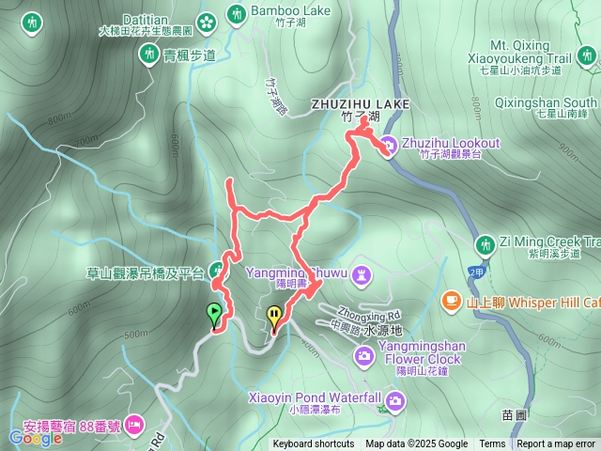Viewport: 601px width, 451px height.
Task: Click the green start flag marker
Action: [214, 313]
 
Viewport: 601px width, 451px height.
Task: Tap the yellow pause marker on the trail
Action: [273, 316]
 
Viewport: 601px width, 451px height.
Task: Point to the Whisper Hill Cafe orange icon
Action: [451, 300]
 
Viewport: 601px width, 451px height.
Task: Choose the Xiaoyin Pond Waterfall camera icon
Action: [395, 402]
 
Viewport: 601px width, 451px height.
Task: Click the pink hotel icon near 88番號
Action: [134, 422]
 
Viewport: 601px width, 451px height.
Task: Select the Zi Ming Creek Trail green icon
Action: [485, 243]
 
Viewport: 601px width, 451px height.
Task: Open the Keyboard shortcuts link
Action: [314, 444]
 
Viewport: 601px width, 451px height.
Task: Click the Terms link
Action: [492, 444]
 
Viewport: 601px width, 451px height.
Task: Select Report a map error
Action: [556, 444]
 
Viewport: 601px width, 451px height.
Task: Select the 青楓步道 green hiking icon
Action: [149, 54]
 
